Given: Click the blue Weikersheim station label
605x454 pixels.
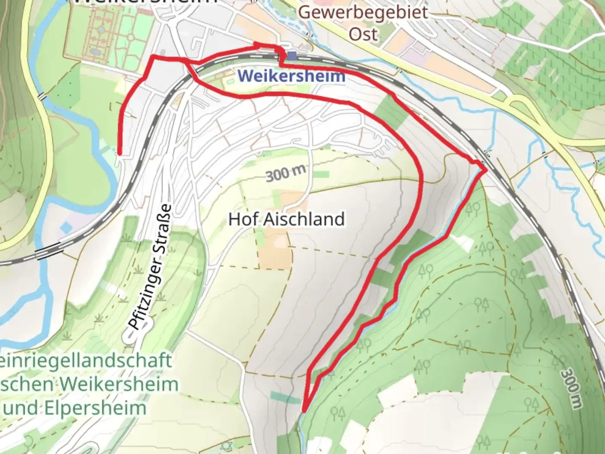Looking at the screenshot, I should [x=291, y=76].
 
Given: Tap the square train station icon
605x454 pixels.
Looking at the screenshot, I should [x=292, y=55].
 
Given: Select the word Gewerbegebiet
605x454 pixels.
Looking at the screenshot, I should [x=363, y=12].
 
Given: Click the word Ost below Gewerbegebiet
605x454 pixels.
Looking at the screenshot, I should [x=363, y=34].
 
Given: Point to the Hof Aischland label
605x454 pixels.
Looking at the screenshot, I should [x=287, y=219].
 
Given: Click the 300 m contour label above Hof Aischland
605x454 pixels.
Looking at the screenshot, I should [x=285, y=173].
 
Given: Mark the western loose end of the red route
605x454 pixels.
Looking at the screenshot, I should [x=119, y=154].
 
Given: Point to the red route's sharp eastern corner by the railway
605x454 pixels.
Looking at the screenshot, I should [x=486, y=170].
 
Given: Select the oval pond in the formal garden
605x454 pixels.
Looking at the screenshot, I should [x=96, y=52].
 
